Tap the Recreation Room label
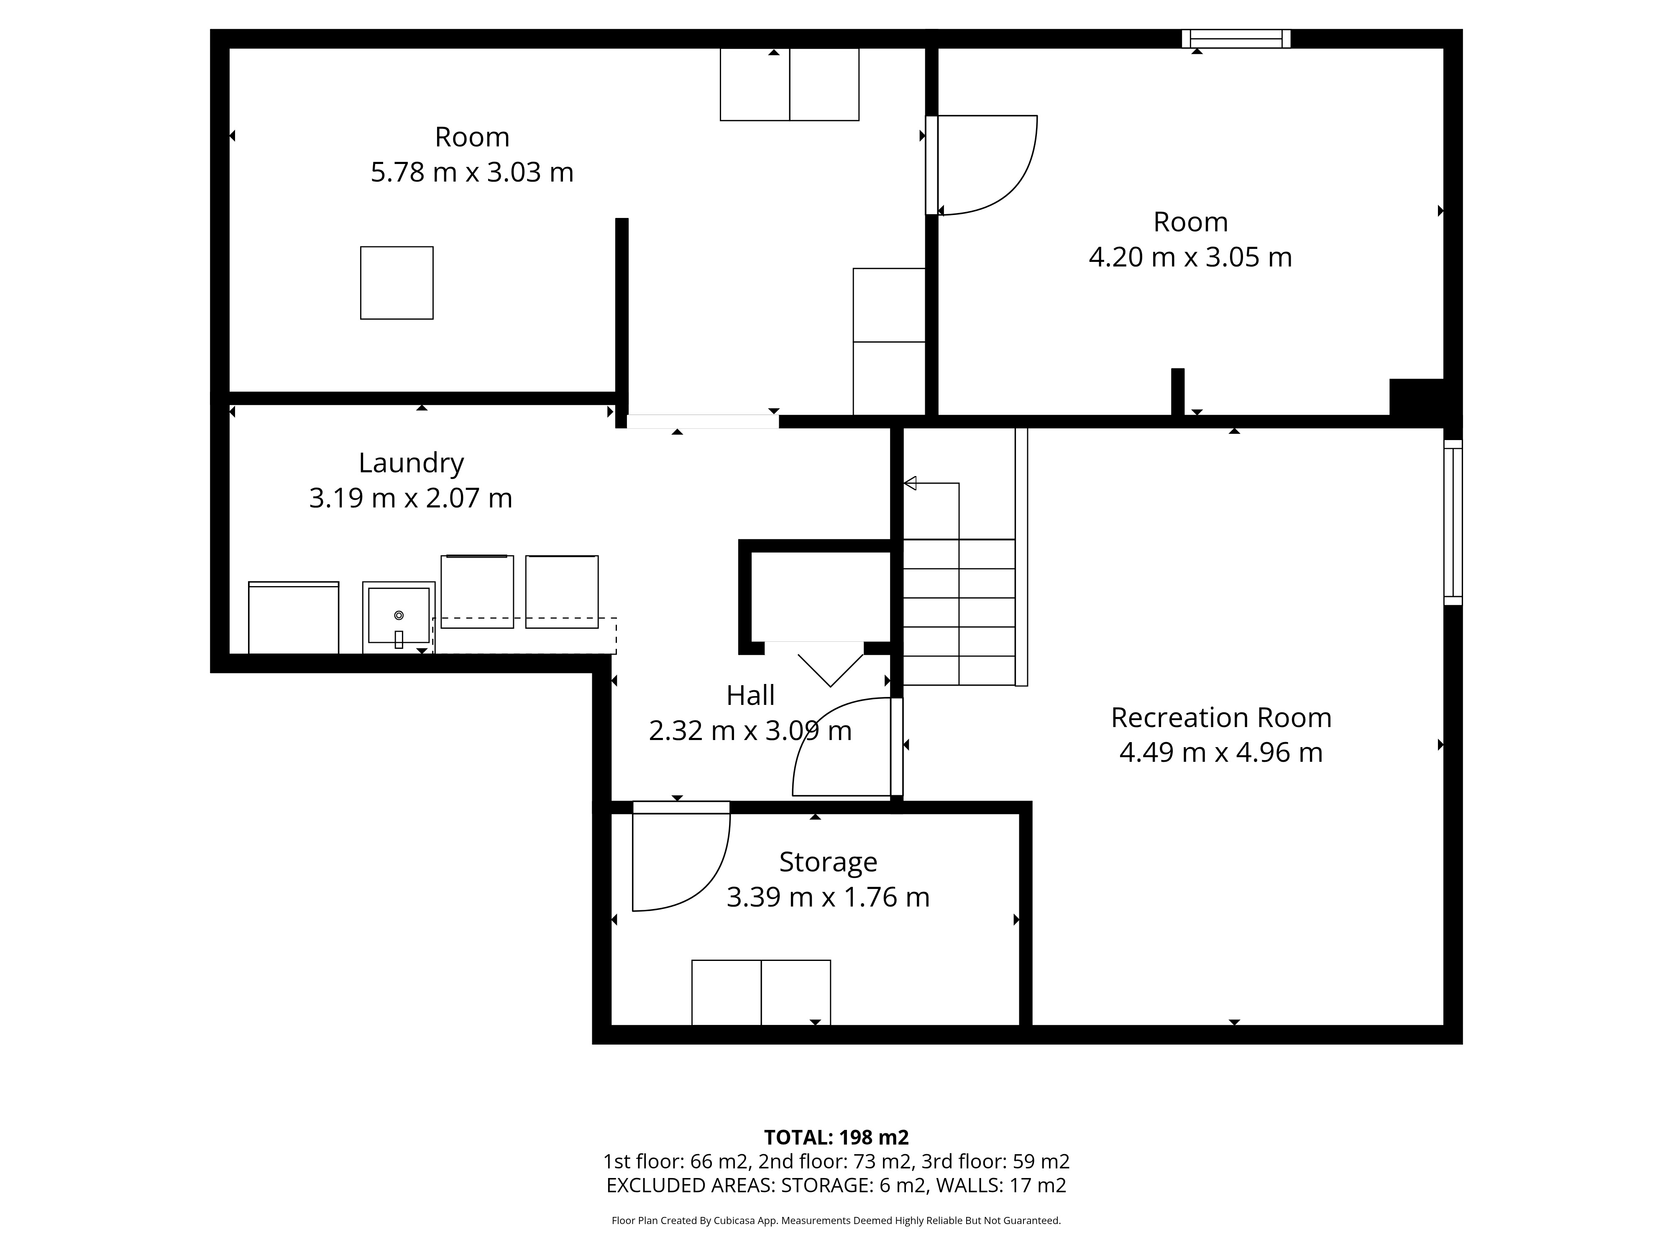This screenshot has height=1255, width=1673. pos(1221,717)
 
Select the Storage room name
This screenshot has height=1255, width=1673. pos(828,862)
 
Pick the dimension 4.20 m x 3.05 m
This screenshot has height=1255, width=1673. pos(1190,257)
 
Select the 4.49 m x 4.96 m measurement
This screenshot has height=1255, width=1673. pos(1221,753)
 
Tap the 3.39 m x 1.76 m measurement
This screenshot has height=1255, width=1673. pos(828,897)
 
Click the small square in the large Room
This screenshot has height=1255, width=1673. pos(397,283)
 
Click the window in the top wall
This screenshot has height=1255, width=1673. pos(1236,38)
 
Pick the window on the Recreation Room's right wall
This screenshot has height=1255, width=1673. pos(1453,522)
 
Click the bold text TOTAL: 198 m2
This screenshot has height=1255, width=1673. pos(836,1137)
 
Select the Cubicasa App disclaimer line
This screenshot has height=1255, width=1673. pos(836,1220)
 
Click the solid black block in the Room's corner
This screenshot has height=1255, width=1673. pos(1417,397)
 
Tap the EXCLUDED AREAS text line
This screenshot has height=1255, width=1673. pos(836,1186)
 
